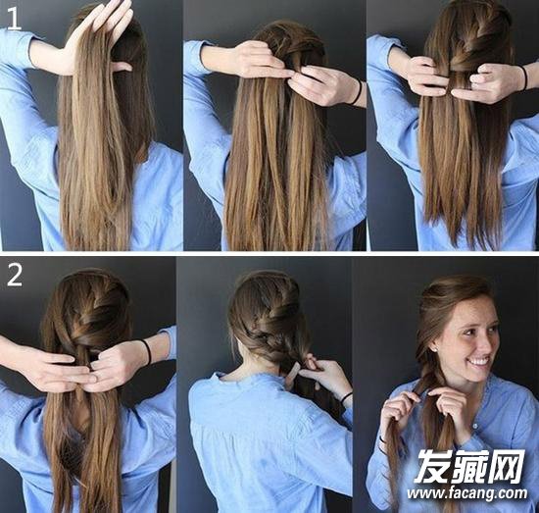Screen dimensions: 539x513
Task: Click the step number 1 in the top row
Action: click(14, 20)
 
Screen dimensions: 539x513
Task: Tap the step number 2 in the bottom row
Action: click(15, 276)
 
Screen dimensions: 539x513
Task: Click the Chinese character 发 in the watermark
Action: click(433, 466)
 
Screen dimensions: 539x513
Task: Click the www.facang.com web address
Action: click(467, 493)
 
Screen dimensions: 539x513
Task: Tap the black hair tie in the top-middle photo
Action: click(358, 92)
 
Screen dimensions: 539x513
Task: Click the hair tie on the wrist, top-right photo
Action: click(524, 78)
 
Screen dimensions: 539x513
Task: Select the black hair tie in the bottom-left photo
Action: click(147, 352)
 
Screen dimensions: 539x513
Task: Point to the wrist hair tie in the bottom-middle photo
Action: click(347, 397)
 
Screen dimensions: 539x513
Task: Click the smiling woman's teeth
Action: click(479, 362)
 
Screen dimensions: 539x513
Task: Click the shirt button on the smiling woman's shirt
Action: click(474, 426)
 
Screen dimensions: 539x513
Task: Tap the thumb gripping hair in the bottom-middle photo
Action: click(294, 371)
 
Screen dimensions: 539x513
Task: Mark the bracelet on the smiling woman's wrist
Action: click(381, 443)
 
